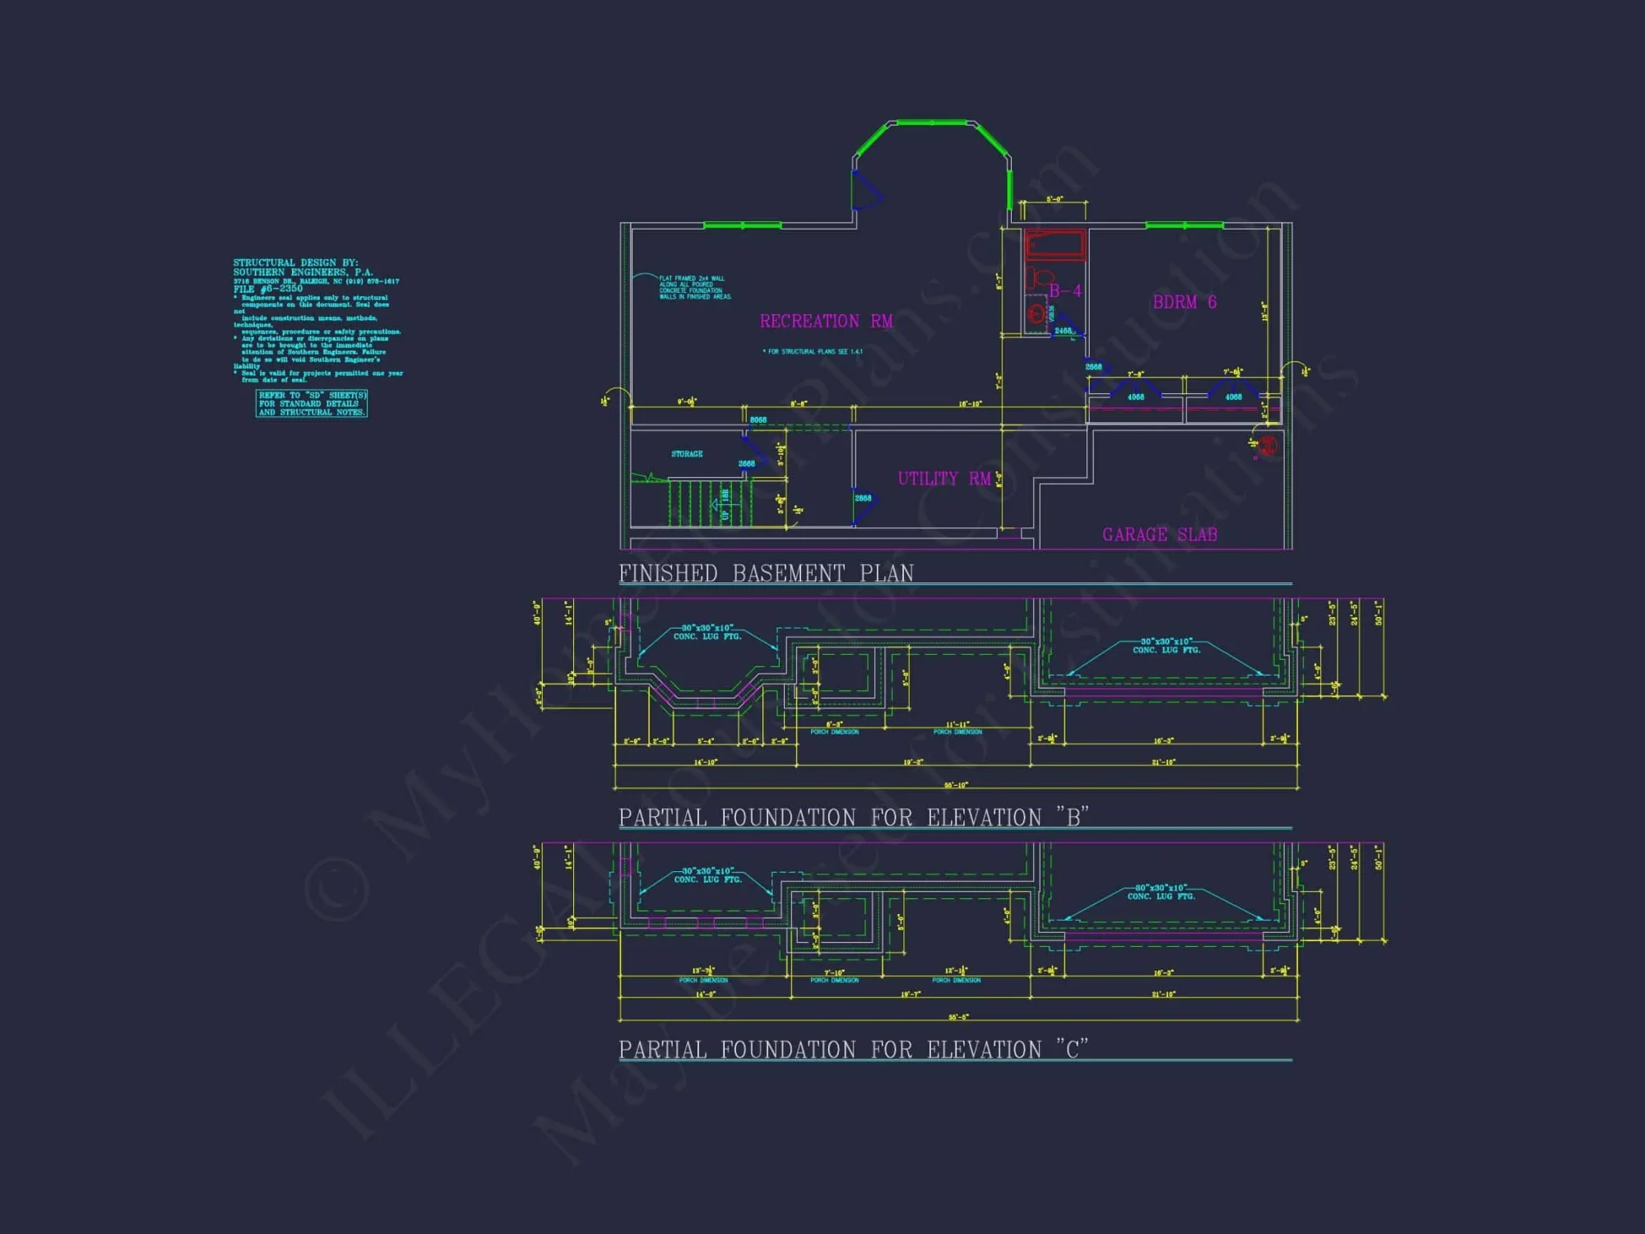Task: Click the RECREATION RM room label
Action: tap(826, 321)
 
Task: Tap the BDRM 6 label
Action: tap(1184, 302)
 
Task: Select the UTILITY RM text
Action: tap(943, 479)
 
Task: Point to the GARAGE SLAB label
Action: tap(1159, 535)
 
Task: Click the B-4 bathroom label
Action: tap(1064, 291)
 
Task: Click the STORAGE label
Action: tap(687, 454)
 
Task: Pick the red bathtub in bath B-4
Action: tap(1055, 244)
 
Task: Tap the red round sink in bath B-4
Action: tap(1036, 313)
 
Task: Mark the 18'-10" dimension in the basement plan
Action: tap(970, 404)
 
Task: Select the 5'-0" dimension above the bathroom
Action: tap(1054, 199)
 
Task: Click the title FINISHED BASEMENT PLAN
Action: tap(766, 573)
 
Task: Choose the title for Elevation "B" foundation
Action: tap(853, 817)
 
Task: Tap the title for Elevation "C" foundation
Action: tap(853, 1050)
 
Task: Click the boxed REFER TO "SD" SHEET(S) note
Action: tap(312, 404)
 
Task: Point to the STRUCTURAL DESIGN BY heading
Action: tap(295, 263)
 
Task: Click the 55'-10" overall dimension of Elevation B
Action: tap(956, 785)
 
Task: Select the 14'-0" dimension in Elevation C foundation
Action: tap(705, 995)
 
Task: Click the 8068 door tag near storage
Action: tap(758, 420)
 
